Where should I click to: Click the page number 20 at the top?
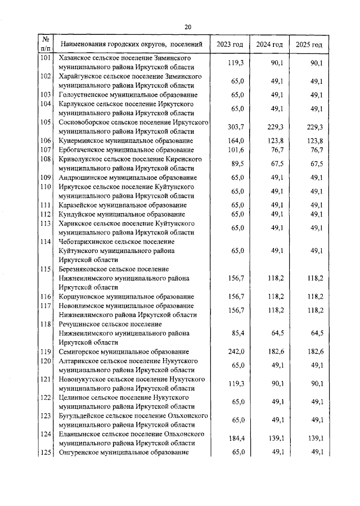tap(187, 26)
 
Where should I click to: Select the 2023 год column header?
tap(229, 44)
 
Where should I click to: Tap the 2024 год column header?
tap(269, 44)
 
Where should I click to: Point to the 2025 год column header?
tap(309, 44)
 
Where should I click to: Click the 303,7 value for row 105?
tap(236, 126)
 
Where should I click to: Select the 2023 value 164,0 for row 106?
tap(236, 141)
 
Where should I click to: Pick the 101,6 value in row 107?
tap(236, 150)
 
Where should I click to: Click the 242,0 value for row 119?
tap(236, 351)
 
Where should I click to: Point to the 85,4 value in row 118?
tap(237, 333)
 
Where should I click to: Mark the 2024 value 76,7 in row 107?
tap(276, 150)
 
